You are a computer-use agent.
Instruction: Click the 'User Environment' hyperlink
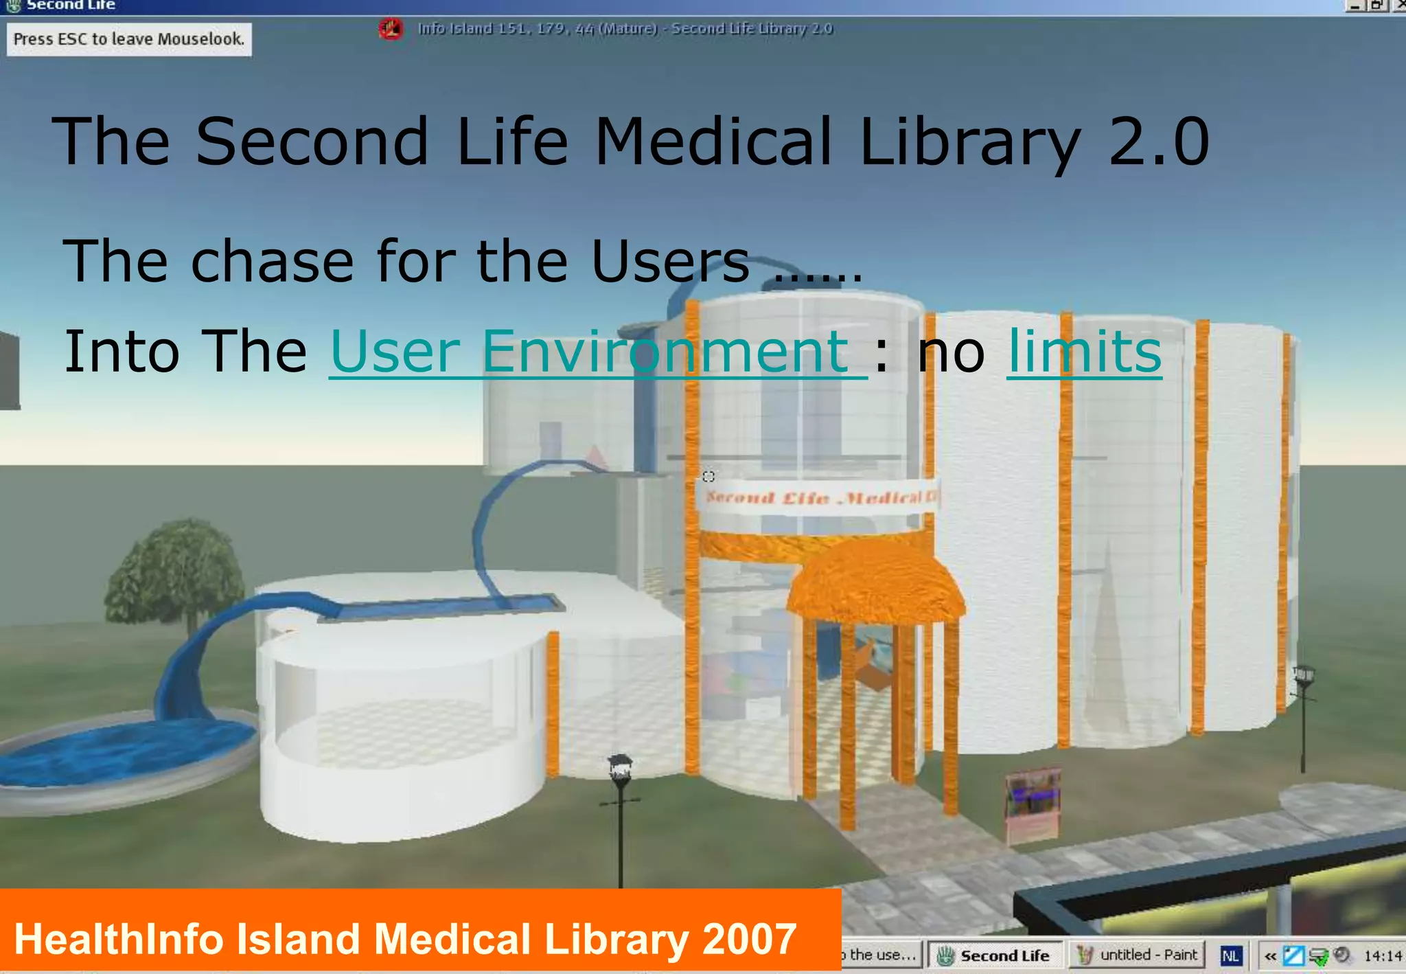[x=597, y=352]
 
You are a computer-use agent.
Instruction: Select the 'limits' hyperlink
[x=1084, y=352]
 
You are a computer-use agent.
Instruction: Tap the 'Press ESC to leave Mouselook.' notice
[x=128, y=39]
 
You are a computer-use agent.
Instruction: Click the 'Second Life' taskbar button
[x=995, y=955]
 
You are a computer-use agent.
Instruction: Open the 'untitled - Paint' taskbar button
[x=1138, y=955]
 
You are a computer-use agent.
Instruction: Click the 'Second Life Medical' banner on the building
[x=817, y=497]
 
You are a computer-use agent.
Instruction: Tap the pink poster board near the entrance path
[x=1032, y=804]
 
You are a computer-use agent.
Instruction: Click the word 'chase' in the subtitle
[x=272, y=262]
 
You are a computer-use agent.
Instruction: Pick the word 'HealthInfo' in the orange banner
[x=119, y=939]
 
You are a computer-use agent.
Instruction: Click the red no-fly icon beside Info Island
[x=391, y=29]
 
